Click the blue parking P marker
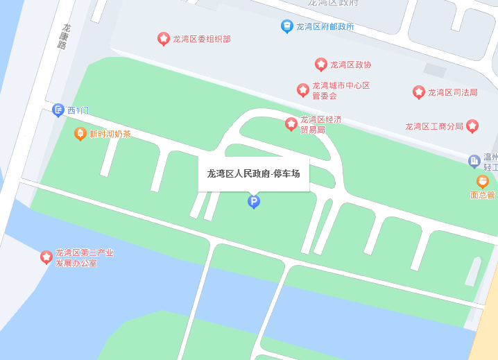254,201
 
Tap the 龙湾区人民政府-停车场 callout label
253,173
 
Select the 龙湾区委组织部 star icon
164,39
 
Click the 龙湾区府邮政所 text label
325,27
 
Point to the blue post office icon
286,26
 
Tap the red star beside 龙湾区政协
321,65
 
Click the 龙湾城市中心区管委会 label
341,91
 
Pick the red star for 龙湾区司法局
419,92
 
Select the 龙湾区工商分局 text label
433,126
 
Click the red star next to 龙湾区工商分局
472,126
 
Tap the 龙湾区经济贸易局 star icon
291,124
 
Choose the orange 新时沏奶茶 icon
80,133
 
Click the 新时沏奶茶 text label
110,134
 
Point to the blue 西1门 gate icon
58,110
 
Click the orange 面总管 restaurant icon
482,181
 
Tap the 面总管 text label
482,195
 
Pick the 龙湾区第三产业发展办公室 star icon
46,257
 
